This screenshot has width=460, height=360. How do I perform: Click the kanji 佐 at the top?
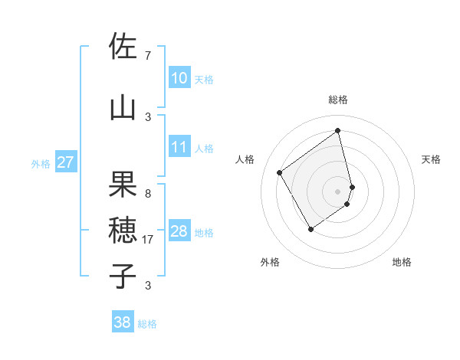123,47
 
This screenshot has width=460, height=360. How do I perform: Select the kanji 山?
123,107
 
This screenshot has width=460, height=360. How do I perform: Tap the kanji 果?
123,184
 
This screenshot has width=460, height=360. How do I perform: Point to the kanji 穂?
123,229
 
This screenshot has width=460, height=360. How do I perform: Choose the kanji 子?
123,274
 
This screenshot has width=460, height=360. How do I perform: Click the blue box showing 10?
179,78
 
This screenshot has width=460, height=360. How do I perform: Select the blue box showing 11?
179,147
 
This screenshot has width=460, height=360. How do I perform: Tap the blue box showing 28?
179,231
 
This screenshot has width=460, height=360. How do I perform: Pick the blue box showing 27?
65,162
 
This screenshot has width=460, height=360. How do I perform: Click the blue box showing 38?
123,322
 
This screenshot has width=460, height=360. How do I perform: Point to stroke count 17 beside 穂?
149,240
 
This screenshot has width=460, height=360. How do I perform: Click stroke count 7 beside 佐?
148,56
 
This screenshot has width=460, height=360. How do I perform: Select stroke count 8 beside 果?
148,194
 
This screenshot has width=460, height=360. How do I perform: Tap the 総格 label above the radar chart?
338,100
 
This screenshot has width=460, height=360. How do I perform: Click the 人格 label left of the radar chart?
245,159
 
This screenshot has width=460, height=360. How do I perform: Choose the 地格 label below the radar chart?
402,262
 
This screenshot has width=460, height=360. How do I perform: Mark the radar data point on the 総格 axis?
338,131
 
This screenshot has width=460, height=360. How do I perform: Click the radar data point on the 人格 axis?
280,172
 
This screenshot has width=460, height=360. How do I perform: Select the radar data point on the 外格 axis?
310,229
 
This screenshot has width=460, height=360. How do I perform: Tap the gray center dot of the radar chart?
338,191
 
